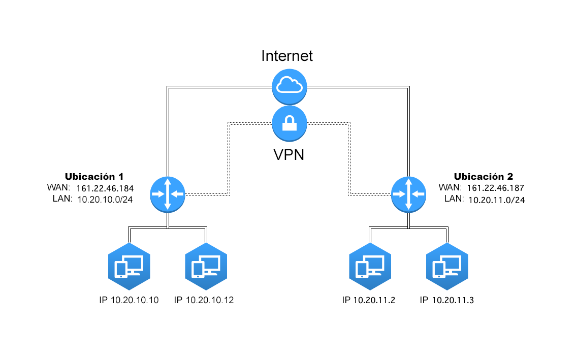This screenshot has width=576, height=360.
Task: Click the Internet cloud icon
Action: coord(290,87)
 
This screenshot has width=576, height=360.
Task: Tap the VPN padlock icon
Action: coord(290,123)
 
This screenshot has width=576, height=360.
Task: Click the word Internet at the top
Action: coord(287,56)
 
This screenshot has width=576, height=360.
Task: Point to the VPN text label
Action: coord(289,155)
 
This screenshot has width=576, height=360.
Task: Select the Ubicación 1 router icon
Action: coord(168,194)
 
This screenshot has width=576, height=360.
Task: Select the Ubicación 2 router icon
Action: coord(408,194)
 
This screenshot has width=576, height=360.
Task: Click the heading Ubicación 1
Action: coord(94,176)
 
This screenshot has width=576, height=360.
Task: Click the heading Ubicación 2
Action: coord(484,176)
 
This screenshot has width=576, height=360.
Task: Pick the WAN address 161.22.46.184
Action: coord(105,188)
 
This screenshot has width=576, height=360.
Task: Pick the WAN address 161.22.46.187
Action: coord(496,188)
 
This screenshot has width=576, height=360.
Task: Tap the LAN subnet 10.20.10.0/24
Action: coord(105,200)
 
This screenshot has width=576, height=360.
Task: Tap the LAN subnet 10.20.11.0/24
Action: coord(497,200)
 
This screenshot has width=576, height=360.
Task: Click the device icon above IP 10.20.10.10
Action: coord(129,267)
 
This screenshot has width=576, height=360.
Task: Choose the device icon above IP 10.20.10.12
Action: coord(206,267)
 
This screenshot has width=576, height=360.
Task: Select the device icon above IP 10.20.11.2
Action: coord(370,267)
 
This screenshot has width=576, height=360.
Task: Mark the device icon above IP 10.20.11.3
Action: coord(447,267)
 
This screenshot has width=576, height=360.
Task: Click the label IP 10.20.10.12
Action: coord(204,300)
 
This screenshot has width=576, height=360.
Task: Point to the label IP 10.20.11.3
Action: coord(446,300)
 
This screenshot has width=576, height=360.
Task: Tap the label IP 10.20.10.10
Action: coord(129,300)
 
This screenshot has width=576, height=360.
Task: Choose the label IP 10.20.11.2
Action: coord(368,300)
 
